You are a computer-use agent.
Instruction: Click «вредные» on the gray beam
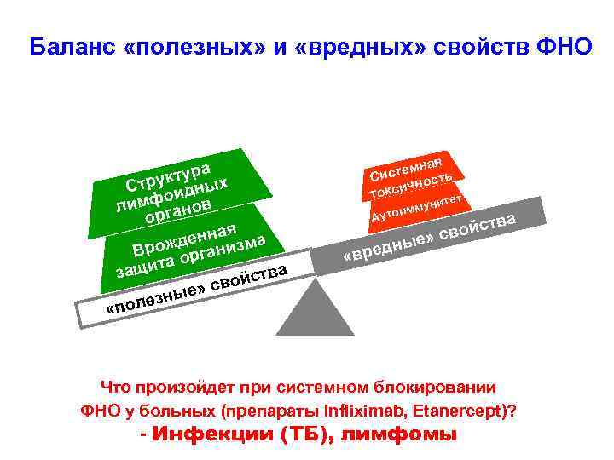389,248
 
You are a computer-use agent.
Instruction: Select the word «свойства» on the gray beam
482,227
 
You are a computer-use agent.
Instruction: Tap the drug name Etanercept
456,411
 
